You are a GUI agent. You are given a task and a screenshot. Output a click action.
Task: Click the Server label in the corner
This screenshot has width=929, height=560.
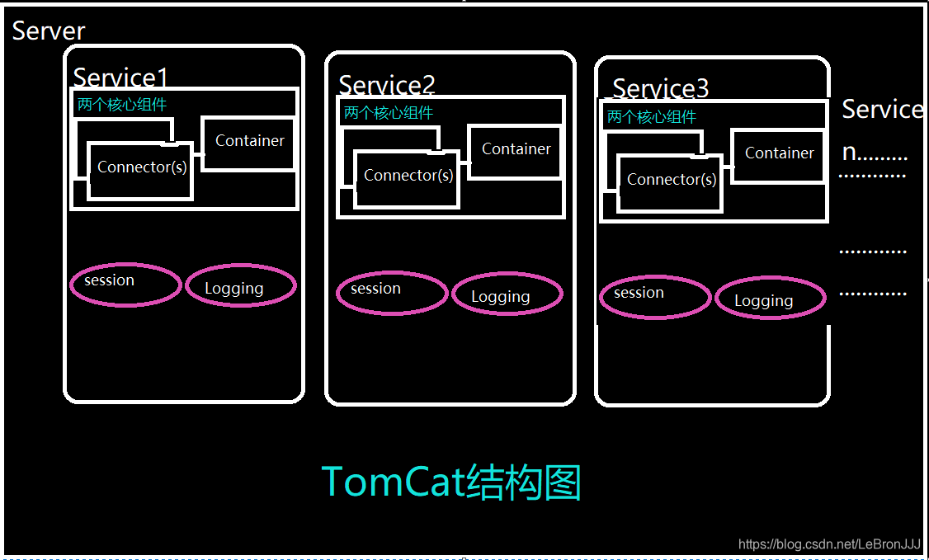(49, 31)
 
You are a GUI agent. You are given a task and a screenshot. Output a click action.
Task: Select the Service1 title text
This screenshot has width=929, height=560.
(120, 78)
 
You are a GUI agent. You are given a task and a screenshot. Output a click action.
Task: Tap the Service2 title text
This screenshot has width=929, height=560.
(386, 85)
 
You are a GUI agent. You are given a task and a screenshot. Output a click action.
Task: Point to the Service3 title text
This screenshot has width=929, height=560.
(661, 88)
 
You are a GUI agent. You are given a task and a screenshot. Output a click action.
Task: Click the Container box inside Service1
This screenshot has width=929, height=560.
(249, 142)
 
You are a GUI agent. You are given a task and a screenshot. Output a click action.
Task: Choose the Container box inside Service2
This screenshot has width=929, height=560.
(516, 150)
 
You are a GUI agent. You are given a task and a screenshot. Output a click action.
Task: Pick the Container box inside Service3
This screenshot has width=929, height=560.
(779, 154)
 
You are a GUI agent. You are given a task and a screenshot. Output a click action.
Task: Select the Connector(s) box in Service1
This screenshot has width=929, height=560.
(141, 169)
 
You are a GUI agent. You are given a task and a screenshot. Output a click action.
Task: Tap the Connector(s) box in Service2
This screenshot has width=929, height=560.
(408, 177)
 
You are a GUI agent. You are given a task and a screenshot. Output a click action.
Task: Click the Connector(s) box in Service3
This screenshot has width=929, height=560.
(671, 181)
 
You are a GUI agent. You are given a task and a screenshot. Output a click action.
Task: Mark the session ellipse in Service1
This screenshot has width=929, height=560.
(125, 285)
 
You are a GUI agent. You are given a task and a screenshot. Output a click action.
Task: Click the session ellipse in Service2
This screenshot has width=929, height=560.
(392, 293)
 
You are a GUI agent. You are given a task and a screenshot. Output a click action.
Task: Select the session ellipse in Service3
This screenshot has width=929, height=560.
(654, 297)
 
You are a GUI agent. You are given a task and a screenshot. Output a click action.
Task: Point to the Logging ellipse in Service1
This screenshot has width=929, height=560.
(239, 288)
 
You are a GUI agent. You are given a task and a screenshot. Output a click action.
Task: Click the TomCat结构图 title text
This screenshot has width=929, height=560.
(451, 482)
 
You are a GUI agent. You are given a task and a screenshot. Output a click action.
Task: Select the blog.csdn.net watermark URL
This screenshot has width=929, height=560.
(828, 544)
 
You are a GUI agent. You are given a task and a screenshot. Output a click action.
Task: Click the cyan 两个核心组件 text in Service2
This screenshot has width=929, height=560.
(388, 113)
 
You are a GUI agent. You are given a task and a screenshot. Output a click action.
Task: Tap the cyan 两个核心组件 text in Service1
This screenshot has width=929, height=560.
(121, 105)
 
